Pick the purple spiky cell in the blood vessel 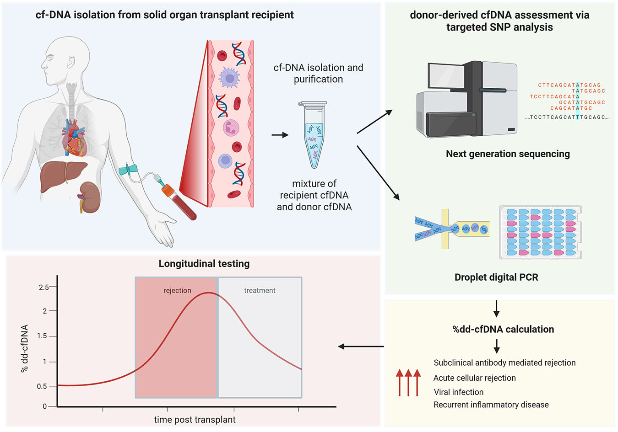point(229,78)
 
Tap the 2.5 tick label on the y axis point(44,287)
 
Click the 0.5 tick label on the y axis point(42,386)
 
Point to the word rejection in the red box point(177,291)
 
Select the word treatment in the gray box point(260,291)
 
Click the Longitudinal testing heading point(204,264)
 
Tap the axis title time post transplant point(195,420)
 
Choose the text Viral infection point(458,392)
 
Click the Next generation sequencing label point(508,154)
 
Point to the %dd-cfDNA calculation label point(503,329)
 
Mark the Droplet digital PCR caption point(496,277)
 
